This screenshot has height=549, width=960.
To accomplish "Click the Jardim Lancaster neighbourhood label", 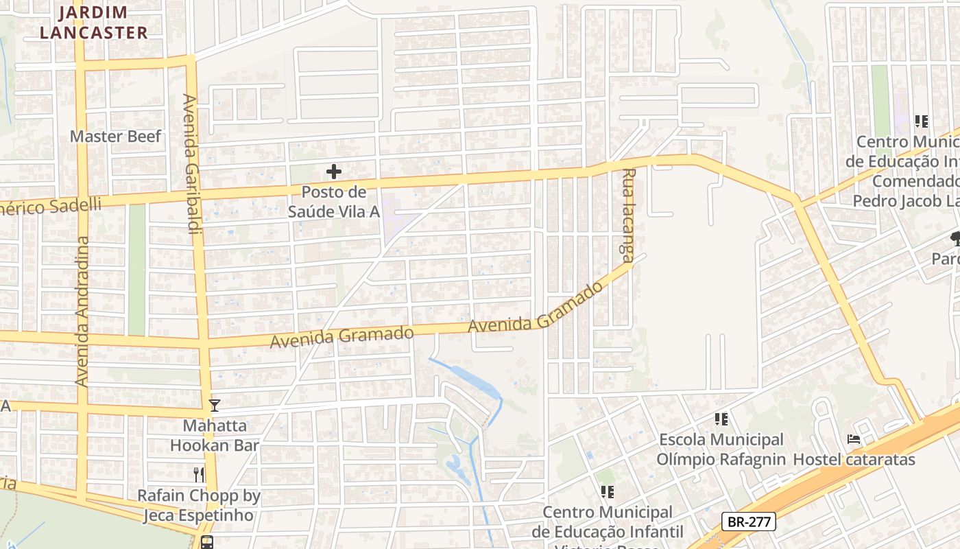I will pos(93,22).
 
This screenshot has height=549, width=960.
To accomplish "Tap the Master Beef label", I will pos(116,136).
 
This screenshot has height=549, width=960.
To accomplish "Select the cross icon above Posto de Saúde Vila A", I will pos(334,172).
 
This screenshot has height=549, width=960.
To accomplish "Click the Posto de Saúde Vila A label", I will pos(333,202).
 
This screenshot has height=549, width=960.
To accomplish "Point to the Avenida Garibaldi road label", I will pos(191,165).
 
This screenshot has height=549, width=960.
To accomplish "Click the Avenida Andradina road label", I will pos(83,311).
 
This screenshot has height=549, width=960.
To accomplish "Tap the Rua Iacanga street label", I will pos(627,215).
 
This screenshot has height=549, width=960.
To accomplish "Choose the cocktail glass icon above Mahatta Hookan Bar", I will pos(215,406).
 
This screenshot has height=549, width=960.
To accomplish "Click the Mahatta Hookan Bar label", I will pos(215,435).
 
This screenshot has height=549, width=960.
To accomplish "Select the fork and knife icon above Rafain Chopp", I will pos(199,474).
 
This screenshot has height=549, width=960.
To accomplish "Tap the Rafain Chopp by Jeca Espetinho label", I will pos(199,505).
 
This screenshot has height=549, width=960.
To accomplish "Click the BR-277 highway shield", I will pos(749,522).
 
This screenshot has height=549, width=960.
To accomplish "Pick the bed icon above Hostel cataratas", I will pos(854,439).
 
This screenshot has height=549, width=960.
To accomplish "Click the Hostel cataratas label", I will pos(854,459).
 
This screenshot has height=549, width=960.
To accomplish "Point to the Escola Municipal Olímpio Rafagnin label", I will pos(721,449).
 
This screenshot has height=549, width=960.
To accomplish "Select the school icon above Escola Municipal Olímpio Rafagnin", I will pos(721,419).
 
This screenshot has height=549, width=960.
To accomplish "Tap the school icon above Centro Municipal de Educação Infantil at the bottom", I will pos(607,491).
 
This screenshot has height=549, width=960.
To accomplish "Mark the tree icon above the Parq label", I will pos(955,239).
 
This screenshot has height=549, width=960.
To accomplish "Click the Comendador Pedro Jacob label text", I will pos(905,191).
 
